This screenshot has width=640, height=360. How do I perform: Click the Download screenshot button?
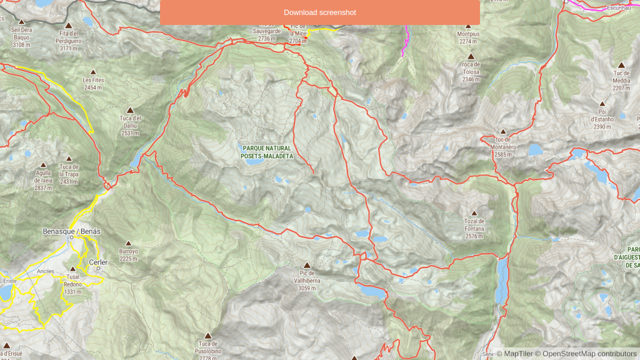tap(319, 12)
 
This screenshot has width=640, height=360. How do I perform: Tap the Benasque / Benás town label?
tap(71, 231)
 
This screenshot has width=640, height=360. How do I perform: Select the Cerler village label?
tap(98, 262)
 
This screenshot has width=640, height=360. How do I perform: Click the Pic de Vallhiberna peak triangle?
tap(306, 265)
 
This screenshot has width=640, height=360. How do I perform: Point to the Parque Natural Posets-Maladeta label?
tap(267, 152)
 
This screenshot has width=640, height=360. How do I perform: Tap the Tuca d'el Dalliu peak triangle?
tap(130, 110)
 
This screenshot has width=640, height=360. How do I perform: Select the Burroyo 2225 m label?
tap(128, 254)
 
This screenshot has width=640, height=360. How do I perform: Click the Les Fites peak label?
tap(92, 84)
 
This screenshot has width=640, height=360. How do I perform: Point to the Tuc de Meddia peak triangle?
tap(621, 65)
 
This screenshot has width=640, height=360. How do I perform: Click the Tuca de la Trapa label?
tap(69, 174)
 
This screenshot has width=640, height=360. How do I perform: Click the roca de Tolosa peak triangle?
tap(471, 57)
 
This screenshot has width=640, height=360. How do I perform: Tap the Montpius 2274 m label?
tap(468, 37)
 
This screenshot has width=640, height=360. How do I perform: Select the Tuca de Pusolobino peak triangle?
tap(207, 336)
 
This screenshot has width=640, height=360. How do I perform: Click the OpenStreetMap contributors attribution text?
tap(589, 354)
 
